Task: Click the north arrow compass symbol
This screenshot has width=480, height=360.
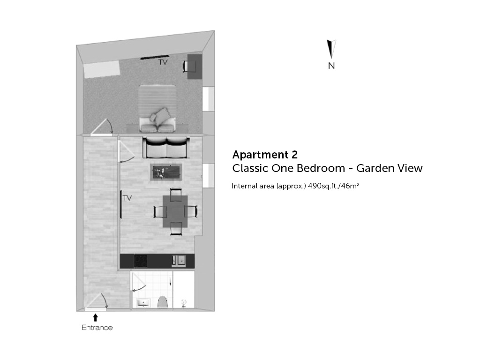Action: (x=331, y=49)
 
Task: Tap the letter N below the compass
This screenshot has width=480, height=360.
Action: (x=331, y=66)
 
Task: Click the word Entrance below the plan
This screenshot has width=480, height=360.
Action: (x=97, y=328)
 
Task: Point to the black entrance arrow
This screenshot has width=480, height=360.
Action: (x=96, y=317)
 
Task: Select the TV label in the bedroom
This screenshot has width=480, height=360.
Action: (x=163, y=62)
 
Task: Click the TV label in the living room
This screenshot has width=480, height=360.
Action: (x=127, y=198)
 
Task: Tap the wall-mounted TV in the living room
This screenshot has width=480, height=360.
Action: (x=121, y=204)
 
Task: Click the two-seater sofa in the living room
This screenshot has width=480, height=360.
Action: (x=165, y=148)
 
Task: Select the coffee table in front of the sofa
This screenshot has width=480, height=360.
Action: (x=166, y=172)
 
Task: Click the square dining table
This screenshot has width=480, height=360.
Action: (x=175, y=211)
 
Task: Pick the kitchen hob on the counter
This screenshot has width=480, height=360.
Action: (x=141, y=261)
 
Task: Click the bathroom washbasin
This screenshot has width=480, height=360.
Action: (x=143, y=303)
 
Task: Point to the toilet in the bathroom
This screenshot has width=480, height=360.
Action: (x=163, y=302)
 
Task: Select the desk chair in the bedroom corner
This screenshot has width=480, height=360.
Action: (x=189, y=67)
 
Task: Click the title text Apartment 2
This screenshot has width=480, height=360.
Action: (x=265, y=155)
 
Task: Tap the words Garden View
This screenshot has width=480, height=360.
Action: (x=390, y=168)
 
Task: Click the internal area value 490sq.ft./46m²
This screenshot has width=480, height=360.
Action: (x=334, y=186)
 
